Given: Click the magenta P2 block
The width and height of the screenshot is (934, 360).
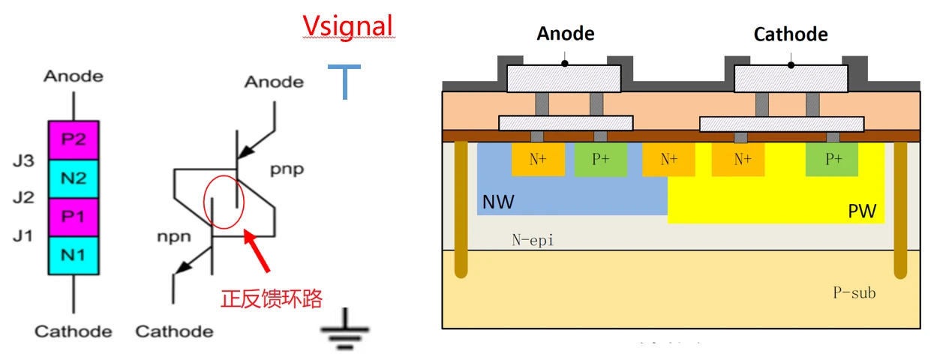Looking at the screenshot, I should coord(73,139).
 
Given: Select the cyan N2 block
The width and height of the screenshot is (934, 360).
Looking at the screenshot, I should coord(73,178).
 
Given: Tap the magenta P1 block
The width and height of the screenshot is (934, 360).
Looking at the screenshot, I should coord(73,216).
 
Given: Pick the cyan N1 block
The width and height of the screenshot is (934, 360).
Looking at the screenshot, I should coord(73,254).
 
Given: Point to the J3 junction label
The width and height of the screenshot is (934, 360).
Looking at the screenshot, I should coord(23,160).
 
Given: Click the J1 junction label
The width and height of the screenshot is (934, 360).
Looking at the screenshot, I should coord(23,236).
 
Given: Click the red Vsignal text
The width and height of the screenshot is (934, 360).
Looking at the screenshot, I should coord(347,26).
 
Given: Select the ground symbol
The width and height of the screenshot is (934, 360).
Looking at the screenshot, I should coord(344,330).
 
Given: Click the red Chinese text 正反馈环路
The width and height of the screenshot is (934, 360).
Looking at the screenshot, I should coord(271,298).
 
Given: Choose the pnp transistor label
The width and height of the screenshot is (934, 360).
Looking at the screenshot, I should coord(287,169).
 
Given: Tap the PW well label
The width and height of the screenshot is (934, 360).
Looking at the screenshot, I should coord(862,211).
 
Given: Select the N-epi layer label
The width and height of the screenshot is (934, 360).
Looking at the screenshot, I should coord(533,240).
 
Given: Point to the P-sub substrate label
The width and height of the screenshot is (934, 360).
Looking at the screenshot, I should coord(854,292).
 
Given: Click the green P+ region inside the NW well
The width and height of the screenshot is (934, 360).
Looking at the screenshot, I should coord(600,160).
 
